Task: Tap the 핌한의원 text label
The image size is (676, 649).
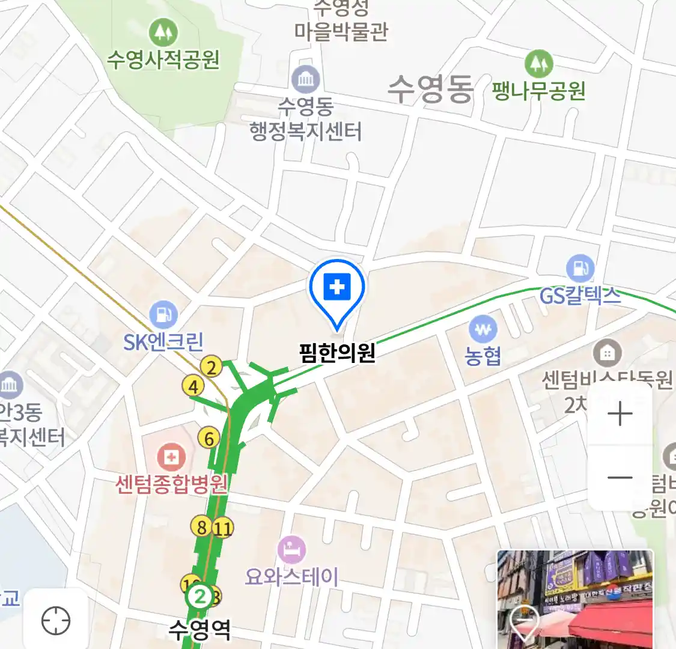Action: click(337, 352)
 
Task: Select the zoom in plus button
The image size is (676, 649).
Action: click(620, 414)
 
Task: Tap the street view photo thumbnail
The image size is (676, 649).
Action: click(575, 599)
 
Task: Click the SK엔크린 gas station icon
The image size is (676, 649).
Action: click(162, 314)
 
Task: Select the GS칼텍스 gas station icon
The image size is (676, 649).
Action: click(580, 269)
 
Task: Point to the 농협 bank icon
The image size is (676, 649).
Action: click(483, 329)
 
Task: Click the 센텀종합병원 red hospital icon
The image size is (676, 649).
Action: click(171, 457)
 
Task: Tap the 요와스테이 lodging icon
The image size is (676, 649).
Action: click(291, 549)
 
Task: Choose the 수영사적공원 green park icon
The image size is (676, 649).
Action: click(163, 32)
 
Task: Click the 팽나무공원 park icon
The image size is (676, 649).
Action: click(538, 63)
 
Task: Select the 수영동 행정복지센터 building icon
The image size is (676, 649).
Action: click(306, 79)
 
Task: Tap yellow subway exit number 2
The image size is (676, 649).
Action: click(211, 366)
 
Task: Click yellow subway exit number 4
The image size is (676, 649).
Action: click(193, 386)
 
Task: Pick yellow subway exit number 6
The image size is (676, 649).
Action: click(209, 438)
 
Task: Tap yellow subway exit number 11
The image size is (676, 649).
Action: click(223, 528)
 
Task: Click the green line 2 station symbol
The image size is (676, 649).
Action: click(200, 597)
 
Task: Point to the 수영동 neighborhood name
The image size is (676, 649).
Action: click(430, 90)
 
